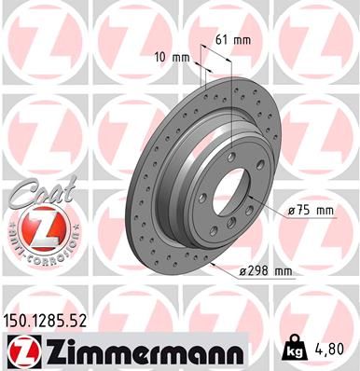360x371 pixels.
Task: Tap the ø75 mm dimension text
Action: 312,211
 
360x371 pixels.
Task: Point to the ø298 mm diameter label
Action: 267,271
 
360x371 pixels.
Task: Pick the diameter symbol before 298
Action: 244,271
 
